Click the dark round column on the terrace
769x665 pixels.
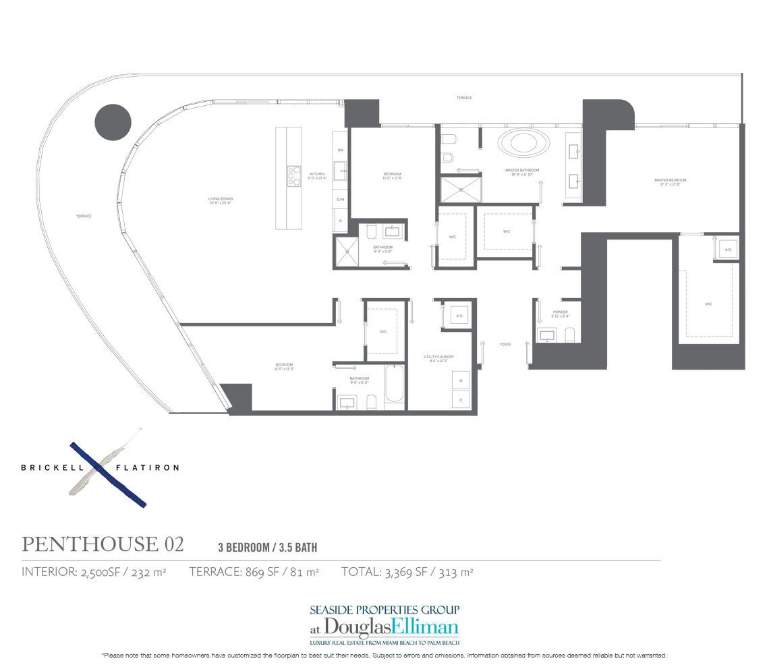click(x=112, y=123)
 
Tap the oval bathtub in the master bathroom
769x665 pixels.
click(x=523, y=144)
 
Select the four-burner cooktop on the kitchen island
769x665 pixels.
click(x=293, y=176)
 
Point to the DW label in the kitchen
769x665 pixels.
click(x=341, y=150)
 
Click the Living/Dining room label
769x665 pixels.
click(x=220, y=200)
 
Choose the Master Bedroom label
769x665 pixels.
click(x=670, y=181)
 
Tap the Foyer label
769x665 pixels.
click(x=505, y=345)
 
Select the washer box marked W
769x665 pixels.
click(x=461, y=380)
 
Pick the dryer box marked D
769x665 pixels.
click(x=461, y=399)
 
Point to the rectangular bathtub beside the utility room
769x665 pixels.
click(x=394, y=386)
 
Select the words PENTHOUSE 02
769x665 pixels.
click(x=103, y=544)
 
